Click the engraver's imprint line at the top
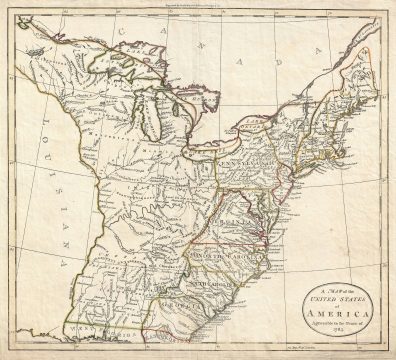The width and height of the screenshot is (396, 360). point(200,8)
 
